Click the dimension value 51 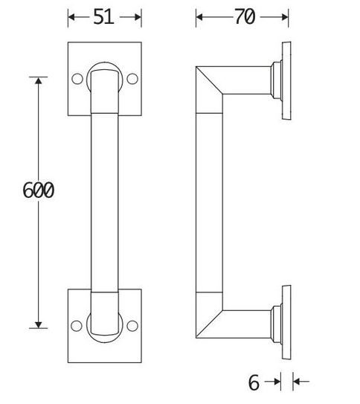(x=104, y=17)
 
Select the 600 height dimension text (x=38, y=190)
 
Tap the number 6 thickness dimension (x=254, y=382)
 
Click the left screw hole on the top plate (x=77, y=78)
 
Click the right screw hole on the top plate (x=132, y=78)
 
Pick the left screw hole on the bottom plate (x=77, y=325)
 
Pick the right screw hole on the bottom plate (x=132, y=325)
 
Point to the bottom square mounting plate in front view (x=104, y=350)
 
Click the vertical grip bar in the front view (x=104, y=201)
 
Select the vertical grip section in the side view (x=210, y=201)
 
